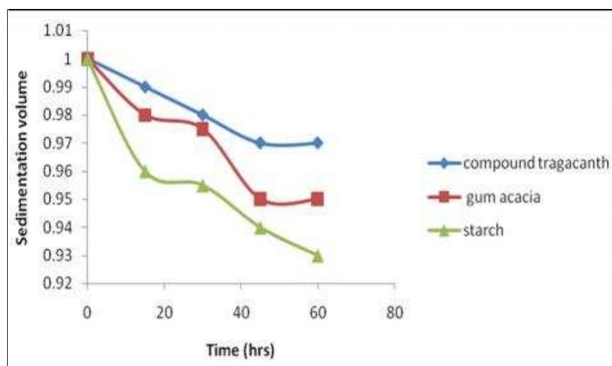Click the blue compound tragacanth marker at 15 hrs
tap(145, 87)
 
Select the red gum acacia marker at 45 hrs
tap(260, 199)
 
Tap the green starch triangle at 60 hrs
tap(318, 255)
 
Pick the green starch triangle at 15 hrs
tap(145, 172)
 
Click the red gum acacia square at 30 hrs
tap(203, 129)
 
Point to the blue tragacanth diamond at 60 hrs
tap(318, 143)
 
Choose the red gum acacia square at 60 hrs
tap(318, 199)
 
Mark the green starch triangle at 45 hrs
tap(260, 228)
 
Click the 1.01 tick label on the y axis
tap(63, 32)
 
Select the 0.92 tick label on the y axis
tap(63, 284)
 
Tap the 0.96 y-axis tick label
tap(63, 172)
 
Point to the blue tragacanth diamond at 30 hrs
tap(203, 115)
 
